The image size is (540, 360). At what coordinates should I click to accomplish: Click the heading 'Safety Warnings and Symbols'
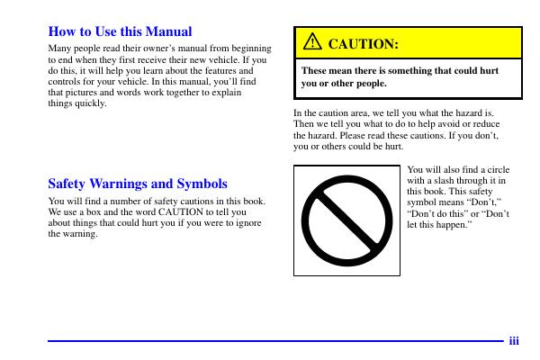coord(137,183)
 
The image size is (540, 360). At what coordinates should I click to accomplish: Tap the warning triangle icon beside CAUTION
coord(311,42)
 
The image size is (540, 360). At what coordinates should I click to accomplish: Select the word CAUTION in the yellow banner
coord(363,43)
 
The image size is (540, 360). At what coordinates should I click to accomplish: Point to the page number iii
coord(514,341)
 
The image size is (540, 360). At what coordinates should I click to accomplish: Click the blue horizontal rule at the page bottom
coord(270,341)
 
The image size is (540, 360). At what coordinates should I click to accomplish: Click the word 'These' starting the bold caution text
coord(316,69)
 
